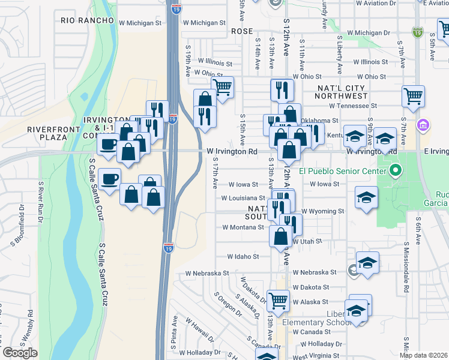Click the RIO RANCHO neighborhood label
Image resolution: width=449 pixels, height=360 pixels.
88,20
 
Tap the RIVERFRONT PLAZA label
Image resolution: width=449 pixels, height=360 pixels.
49,133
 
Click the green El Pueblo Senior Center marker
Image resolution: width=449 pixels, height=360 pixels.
395,172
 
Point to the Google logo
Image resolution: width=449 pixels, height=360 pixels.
20,353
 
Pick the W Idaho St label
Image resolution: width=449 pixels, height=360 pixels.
243,256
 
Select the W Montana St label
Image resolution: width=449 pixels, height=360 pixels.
243,227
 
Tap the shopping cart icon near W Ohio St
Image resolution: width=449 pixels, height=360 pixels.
223,88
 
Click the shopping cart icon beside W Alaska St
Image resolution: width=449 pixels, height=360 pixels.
278,300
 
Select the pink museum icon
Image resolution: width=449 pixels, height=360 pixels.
423,126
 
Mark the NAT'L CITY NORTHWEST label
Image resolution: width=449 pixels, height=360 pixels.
342,92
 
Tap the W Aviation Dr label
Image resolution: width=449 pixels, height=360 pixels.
376,3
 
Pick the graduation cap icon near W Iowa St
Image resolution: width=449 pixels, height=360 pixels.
366,197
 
